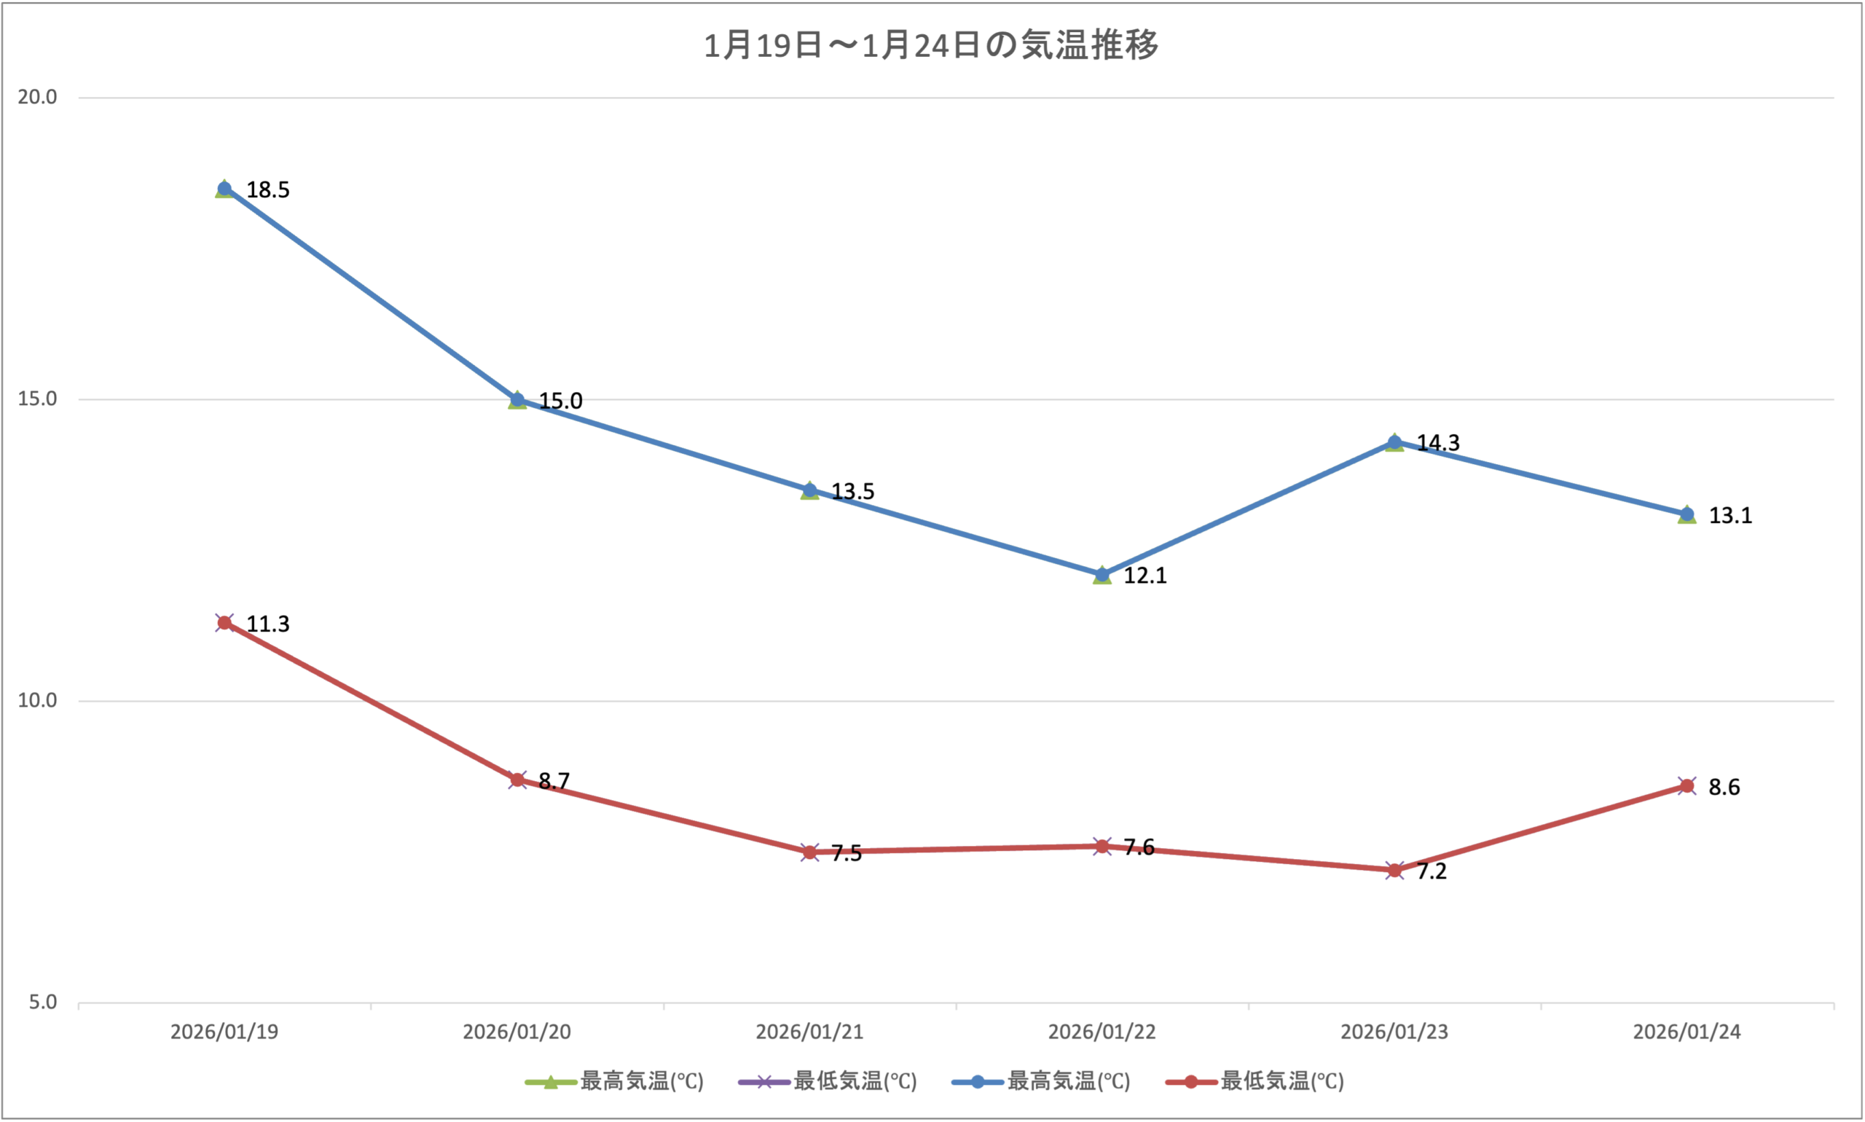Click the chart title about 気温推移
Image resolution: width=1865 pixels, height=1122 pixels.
931,45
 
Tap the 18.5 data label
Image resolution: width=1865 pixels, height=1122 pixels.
267,189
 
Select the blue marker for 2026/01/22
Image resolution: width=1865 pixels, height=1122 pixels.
1102,576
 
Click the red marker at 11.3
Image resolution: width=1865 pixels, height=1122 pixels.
224,623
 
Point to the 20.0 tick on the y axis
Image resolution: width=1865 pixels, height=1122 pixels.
38,97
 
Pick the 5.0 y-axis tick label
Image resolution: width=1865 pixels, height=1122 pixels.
43,1003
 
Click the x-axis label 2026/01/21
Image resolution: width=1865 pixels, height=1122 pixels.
809,1032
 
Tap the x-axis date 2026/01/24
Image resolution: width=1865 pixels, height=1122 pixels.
1687,1032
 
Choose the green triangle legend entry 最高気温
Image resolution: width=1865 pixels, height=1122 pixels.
614,1082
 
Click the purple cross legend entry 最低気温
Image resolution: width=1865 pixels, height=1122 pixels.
827,1082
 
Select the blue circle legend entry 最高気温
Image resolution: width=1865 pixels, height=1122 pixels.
1041,1082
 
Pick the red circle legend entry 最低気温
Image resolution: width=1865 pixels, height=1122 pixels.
1255,1082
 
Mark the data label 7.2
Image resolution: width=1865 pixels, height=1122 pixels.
1431,872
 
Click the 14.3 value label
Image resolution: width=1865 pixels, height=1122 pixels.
1437,443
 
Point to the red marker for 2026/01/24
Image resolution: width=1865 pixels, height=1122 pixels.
1687,786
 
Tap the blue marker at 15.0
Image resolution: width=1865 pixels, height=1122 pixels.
517,400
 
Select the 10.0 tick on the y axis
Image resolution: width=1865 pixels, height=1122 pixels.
38,700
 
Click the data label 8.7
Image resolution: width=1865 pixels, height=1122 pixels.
554,781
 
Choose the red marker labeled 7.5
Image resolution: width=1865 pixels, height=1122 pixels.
809,852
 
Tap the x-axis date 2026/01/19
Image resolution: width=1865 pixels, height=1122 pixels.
224,1032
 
